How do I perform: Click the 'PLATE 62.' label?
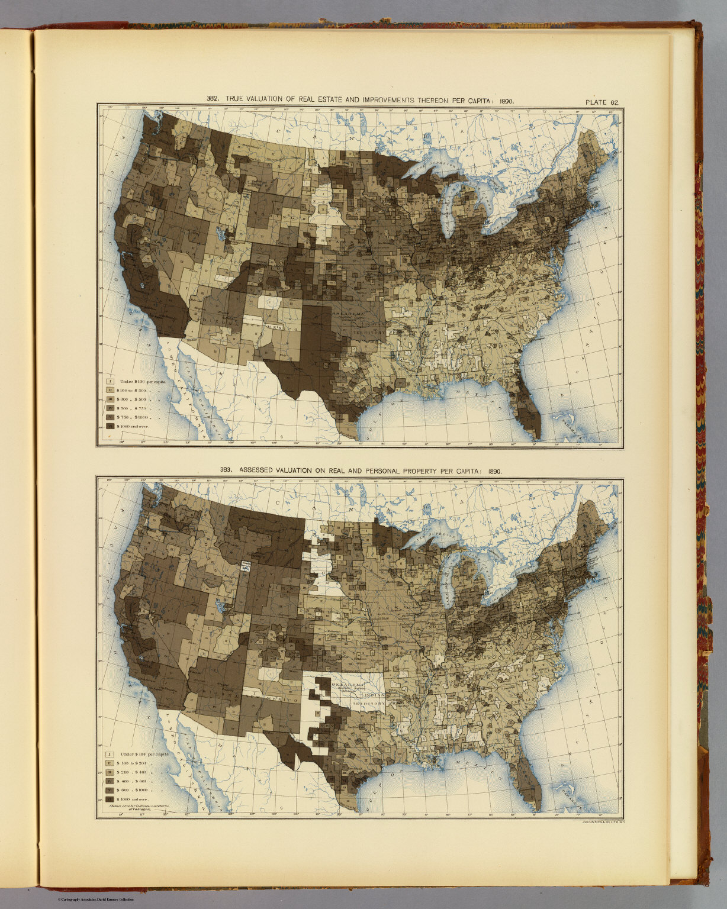602,102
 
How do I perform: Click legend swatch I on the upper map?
110,382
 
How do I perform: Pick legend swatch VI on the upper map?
110,426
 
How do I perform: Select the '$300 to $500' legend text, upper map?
136,399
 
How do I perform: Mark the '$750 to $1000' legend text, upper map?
136,417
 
